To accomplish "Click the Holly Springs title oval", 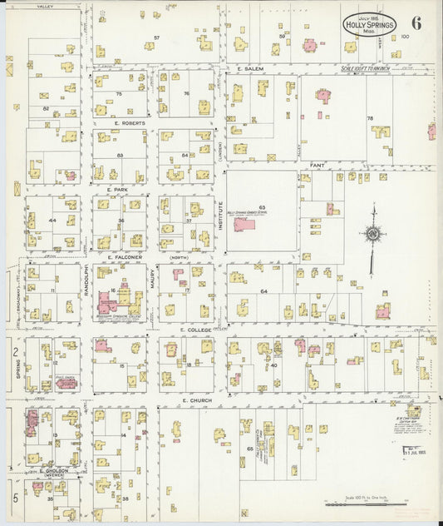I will click(x=368, y=25).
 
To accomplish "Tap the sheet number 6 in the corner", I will click(x=416, y=22).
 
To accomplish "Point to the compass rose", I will click(x=373, y=235).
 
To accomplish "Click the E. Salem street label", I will click(x=249, y=68).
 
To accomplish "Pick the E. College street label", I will click(x=196, y=330).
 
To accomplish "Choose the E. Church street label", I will click(x=196, y=400).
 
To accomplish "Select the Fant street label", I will click(x=317, y=165).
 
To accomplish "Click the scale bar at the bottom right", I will click(x=366, y=504).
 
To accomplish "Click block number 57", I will click(x=156, y=38).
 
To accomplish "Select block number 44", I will click(x=52, y=221).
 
